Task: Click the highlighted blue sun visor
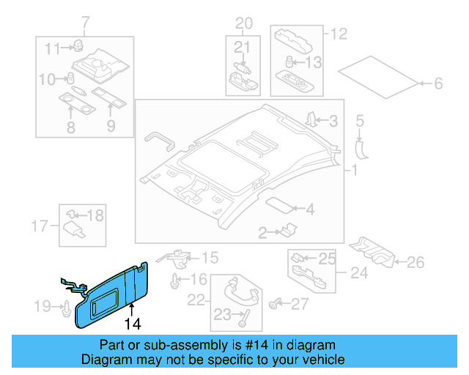[117, 293]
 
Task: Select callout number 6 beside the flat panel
[438, 84]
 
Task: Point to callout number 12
[338, 33]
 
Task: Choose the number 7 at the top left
[84, 21]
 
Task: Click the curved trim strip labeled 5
[361, 147]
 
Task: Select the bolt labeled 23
[243, 316]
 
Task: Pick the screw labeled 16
[174, 280]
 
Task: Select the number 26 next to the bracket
[416, 261]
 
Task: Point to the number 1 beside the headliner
[353, 171]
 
